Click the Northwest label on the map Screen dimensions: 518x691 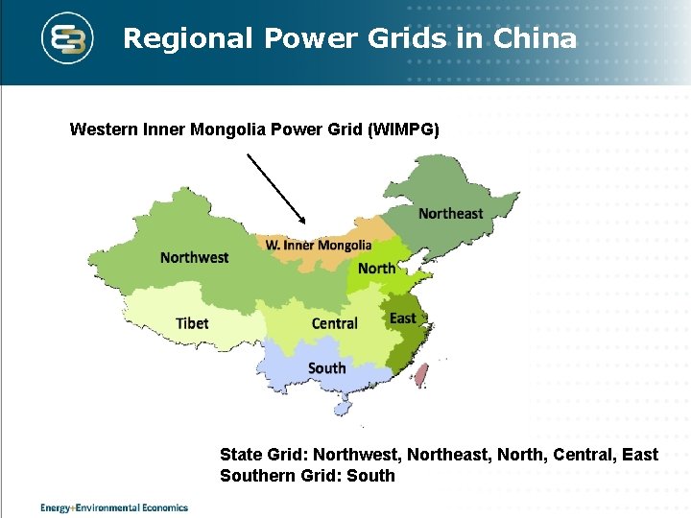click(x=194, y=257)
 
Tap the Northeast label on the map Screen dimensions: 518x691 click(x=450, y=213)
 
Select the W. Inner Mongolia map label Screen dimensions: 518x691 click(x=319, y=246)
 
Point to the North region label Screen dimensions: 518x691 click(x=376, y=268)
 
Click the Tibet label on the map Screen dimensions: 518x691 click(x=192, y=323)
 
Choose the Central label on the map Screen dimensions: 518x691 click(x=334, y=323)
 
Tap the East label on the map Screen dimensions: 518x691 click(x=403, y=318)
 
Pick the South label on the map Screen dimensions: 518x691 click(x=326, y=368)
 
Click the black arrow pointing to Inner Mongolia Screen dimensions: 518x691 click(x=275, y=188)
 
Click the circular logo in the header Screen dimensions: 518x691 click(x=69, y=38)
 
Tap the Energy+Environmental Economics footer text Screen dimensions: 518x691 click(x=114, y=507)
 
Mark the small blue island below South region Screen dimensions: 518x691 click(x=342, y=409)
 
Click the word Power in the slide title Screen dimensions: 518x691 click(x=306, y=38)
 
